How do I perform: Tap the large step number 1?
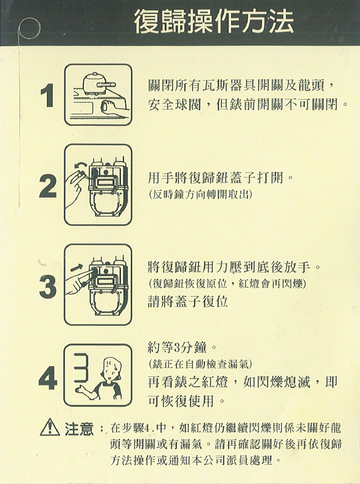pyautogui.click(x=47, y=96)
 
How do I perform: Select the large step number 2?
pyautogui.click(x=48, y=186)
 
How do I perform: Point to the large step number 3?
pyautogui.click(x=48, y=286)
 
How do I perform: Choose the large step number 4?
pyautogui.click(x=48, y=378)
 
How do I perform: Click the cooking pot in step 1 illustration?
pyautogui.click(x=95, y=83)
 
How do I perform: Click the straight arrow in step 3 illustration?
pyautogui.click(x=76, y=268)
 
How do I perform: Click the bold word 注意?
pyautogui.click(x=78, y=428)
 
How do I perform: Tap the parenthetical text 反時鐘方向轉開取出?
pyautogui.click(x=199, y=194)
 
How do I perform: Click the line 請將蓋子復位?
pyautogui.click(x=188, y=301)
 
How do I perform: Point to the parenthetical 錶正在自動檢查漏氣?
pyautogui.click(x=199, y=364)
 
